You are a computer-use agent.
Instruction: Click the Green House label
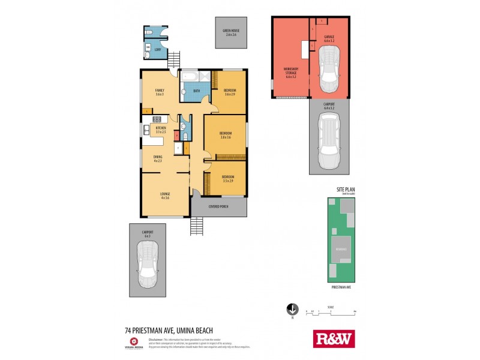(x=231, y=32)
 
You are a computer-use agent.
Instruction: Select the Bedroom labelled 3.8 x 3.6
(x=225, y=135)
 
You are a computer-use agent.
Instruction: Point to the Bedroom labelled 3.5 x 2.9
(x=228, y=178)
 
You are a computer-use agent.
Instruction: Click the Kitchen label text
(x=160, y=130)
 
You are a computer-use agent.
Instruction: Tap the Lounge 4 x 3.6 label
(x=164, y=196)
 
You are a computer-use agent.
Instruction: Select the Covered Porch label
(x=218, y=206)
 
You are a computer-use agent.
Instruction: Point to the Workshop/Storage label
(x=291, y=73)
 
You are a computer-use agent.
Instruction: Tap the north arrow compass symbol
(x=292, y=310)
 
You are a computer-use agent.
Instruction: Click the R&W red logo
(x=334, y=339)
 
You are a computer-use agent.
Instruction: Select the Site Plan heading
(x=345, y=190)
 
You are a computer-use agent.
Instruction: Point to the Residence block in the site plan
(x=341, y=248)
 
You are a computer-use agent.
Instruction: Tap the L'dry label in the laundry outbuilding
(x=158, y=49)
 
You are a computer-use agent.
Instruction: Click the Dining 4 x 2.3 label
(x=158, y=159)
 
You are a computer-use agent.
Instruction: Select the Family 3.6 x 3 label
(x=160, y=92)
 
